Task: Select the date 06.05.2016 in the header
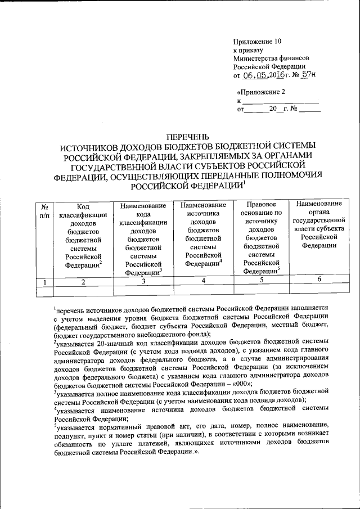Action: pyautogui.click(x=264, y=75)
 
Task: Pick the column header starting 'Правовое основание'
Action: pyautogui.click(x=256, y=237)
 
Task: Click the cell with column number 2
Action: pyautogui.click(x=83, y=282)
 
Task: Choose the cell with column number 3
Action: pyautogui.click(x=143, y=282)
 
